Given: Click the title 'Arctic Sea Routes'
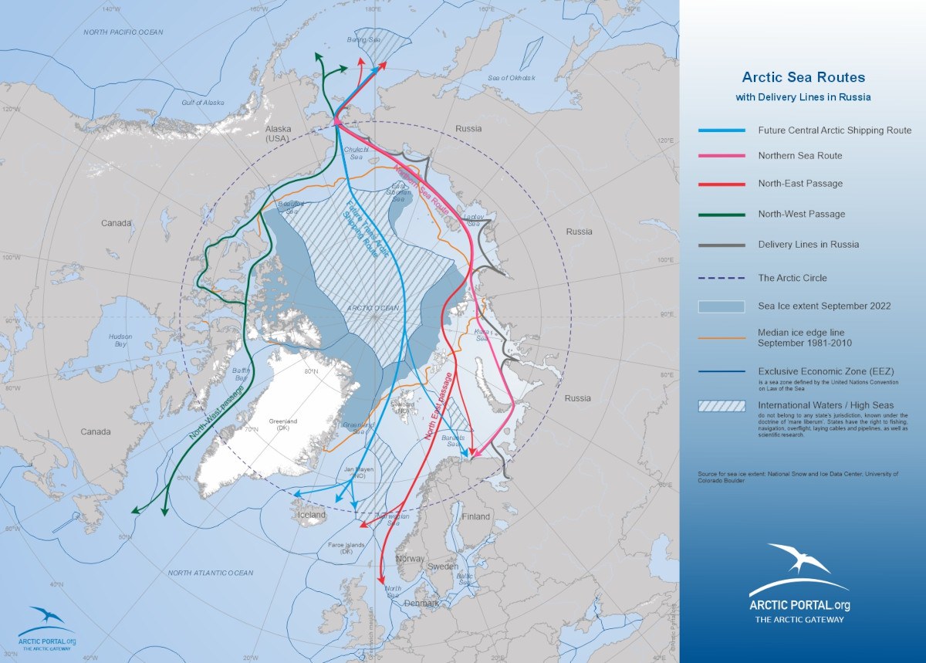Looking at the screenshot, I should [x=803, y=77].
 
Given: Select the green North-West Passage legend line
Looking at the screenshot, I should [x=722, y=215].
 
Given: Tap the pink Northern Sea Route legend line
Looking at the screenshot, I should [x=722, y=156].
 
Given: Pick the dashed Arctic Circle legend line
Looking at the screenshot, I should [x=722, y=278].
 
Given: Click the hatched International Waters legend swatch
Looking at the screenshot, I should [x=722, y=405].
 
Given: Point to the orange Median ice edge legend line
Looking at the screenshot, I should [x=722, y=337].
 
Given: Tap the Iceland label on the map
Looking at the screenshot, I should [x=313, y=515].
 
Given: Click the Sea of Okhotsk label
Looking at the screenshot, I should [x=511, y=78].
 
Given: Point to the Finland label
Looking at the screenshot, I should [x=475, y=516].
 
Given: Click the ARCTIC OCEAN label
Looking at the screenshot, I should [x=373, y=308].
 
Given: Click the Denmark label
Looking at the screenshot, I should [x=421, y=602].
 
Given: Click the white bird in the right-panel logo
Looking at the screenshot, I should [x=799, y=558].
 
